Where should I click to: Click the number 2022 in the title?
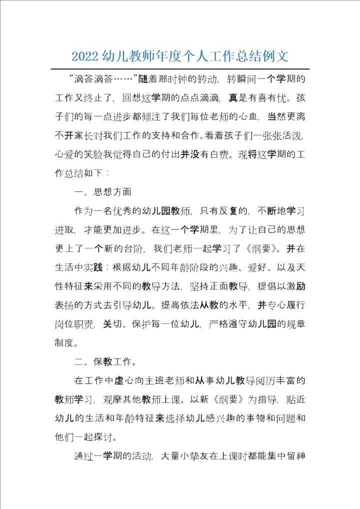pos(85,55)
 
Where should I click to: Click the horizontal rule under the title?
pos(180,69)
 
